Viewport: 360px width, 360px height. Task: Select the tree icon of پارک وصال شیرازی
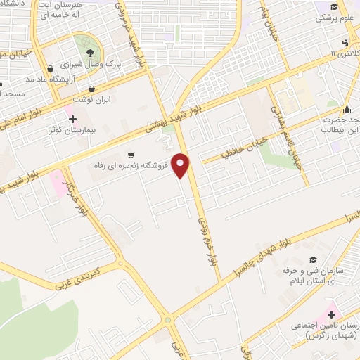click(89, 51)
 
